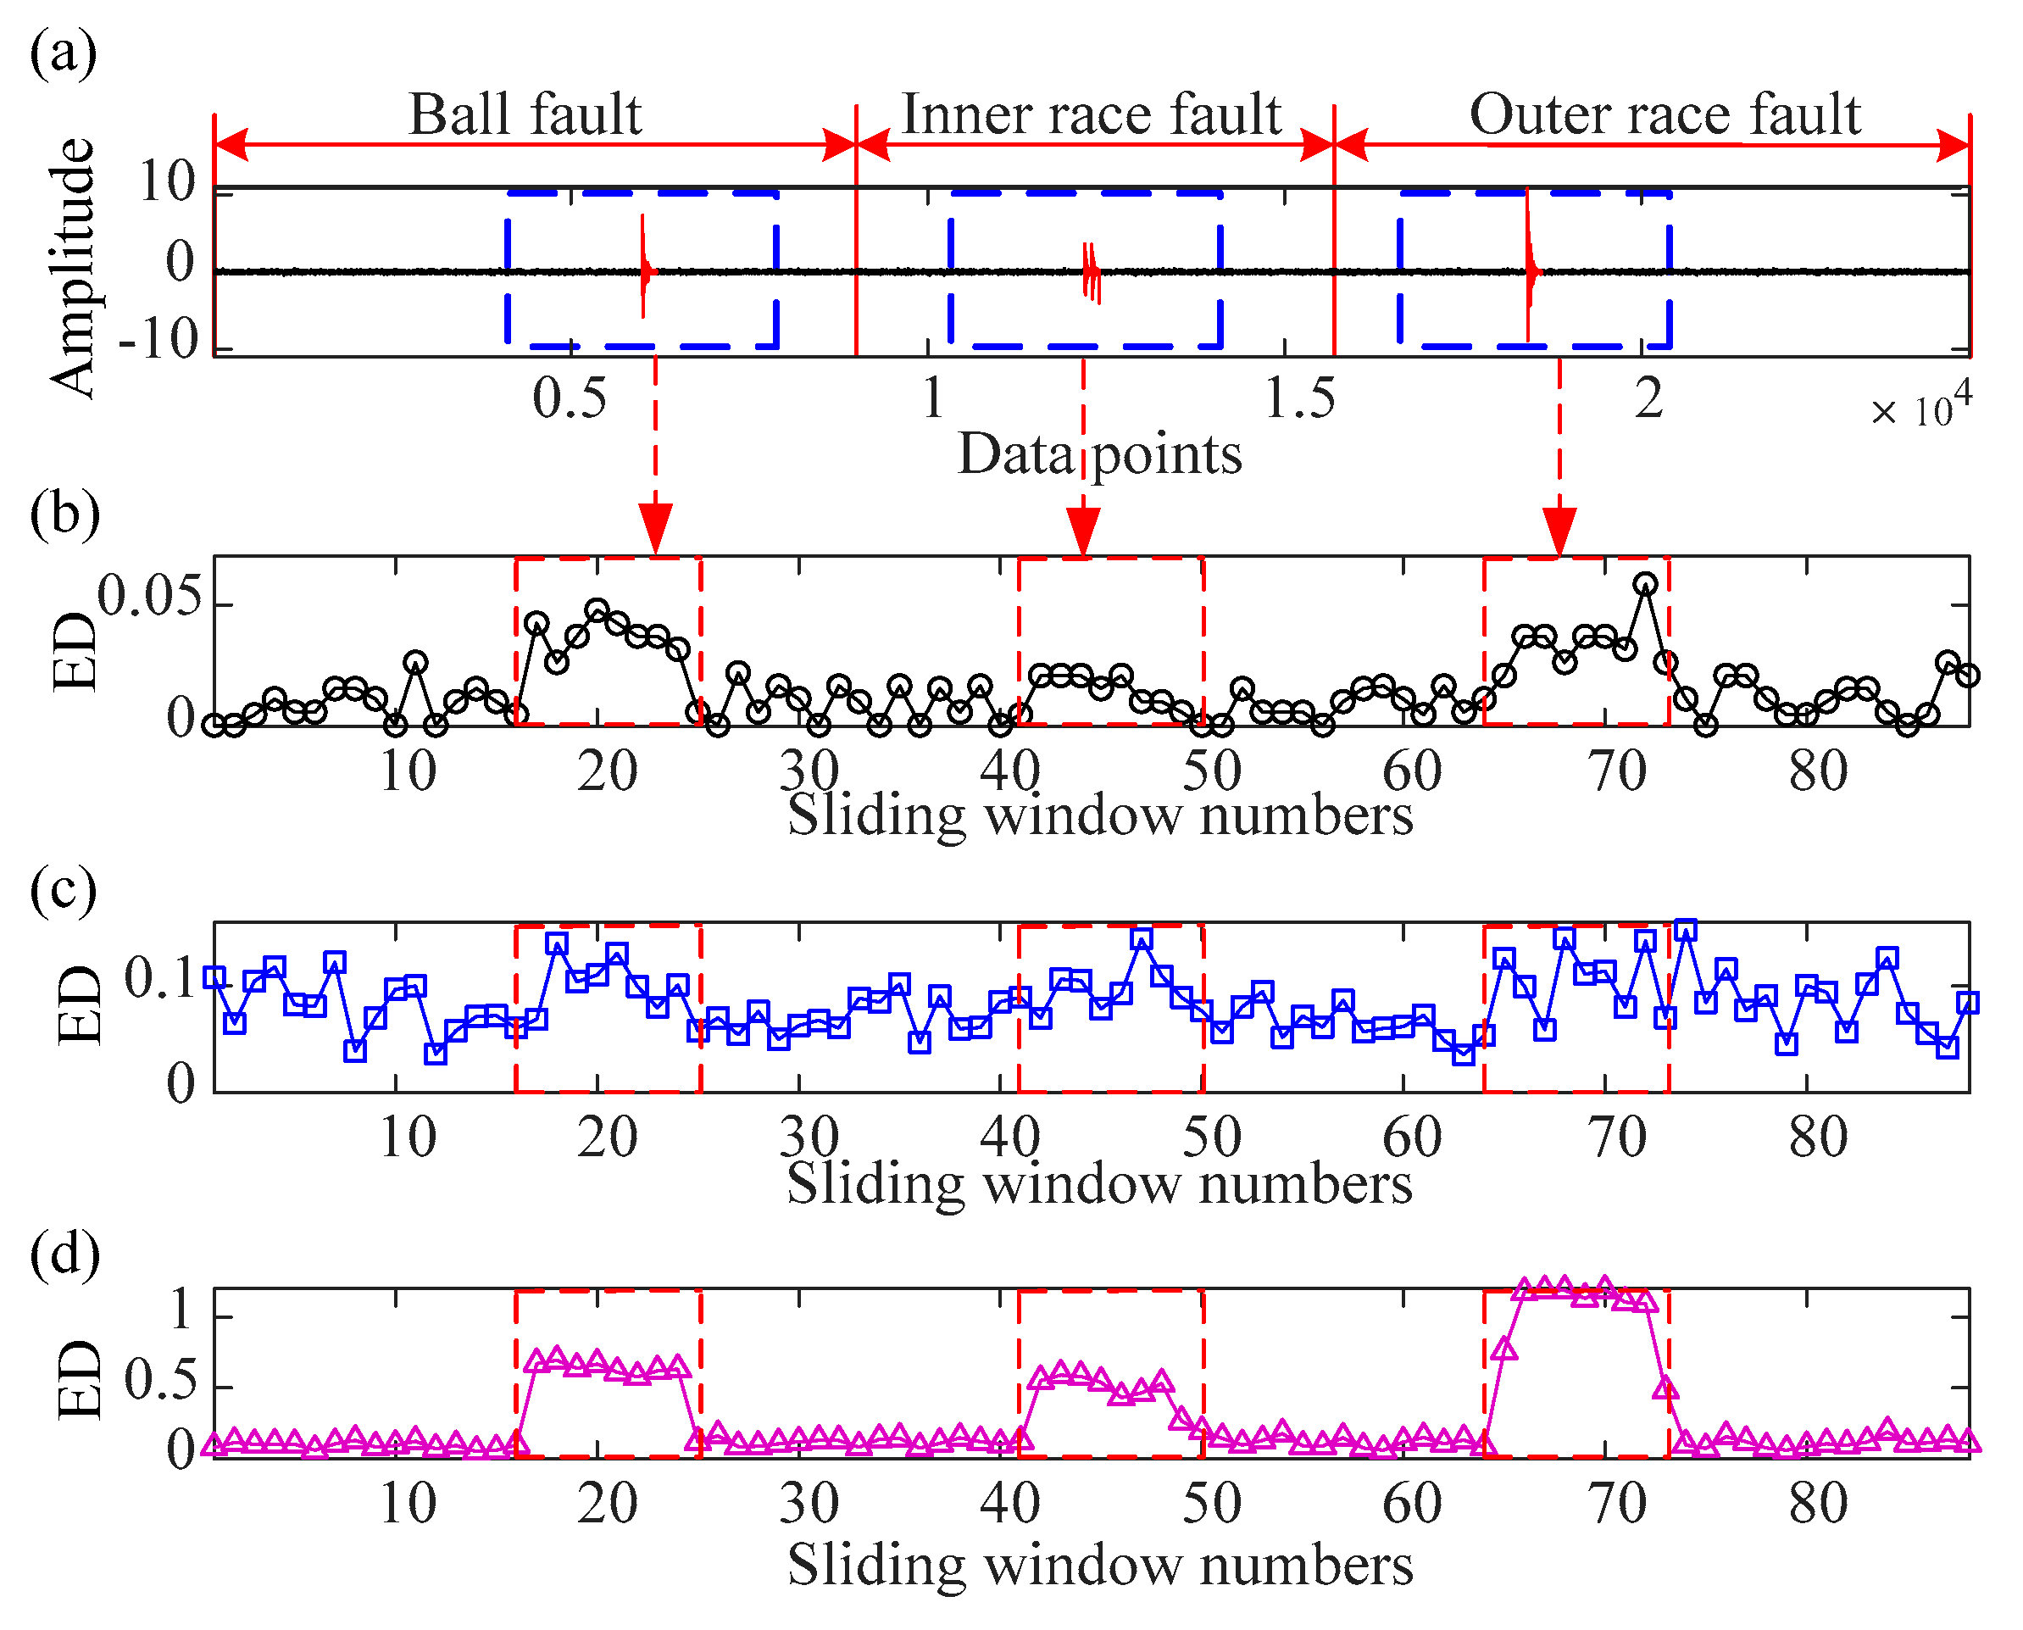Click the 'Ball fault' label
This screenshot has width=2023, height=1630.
(x=525, y=114)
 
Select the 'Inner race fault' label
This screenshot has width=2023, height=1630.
(x=1091, y=114)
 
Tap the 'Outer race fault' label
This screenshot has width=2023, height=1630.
(x=1665, y=114)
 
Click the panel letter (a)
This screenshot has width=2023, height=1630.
(x=63, y=53)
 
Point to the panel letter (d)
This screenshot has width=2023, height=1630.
(x=64, y=1254)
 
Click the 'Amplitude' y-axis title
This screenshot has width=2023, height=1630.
(x=72, y=269)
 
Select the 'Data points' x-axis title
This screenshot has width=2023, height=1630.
(x=1099, y=454)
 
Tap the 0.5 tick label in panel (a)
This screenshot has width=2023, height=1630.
(x=569, y=398)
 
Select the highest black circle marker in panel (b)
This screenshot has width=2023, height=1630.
(x=1645, y=584)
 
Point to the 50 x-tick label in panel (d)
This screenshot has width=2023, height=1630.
(x=1212, y=1503)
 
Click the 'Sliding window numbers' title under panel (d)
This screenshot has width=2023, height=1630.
(x=1099, y=1566)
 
